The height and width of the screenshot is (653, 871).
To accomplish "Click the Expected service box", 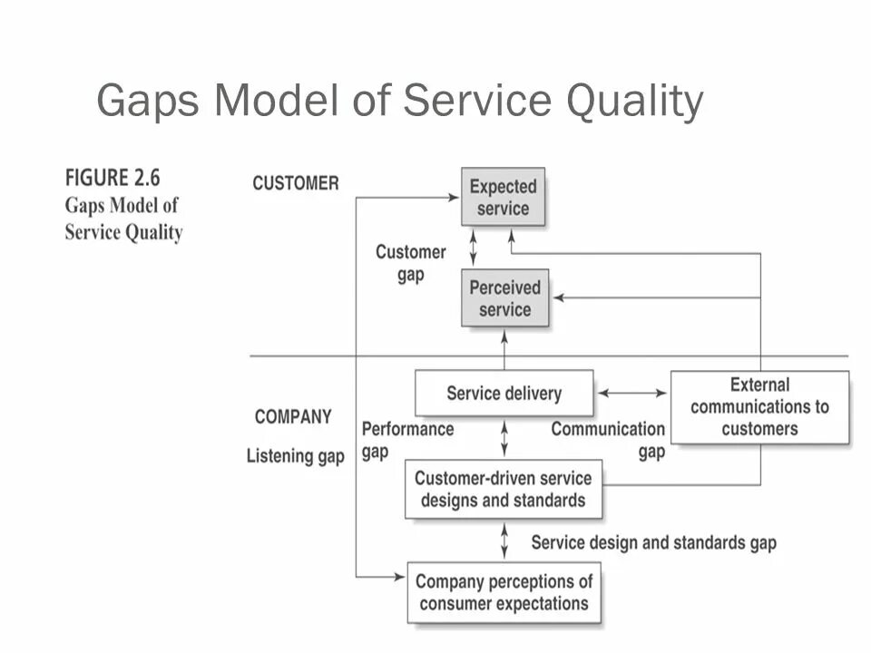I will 503,197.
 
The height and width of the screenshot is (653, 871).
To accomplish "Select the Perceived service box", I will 504,298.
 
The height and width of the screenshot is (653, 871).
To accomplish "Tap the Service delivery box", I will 504,394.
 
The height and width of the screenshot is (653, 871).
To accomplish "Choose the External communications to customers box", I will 759,407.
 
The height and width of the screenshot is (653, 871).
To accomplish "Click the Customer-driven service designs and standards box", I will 503,489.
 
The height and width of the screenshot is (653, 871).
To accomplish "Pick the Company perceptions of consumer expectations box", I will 504,592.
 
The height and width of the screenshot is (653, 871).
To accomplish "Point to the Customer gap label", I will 411,263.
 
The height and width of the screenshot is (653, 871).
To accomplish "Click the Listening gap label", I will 295,456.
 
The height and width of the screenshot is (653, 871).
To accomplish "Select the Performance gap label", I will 407,440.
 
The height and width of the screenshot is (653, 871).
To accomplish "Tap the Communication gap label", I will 608,440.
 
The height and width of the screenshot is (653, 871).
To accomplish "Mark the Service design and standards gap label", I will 653,542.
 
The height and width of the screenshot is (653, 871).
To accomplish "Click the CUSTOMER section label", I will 295,183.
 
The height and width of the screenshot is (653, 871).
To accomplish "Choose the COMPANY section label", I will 293,417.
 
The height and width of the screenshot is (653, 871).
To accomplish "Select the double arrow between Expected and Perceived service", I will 473,248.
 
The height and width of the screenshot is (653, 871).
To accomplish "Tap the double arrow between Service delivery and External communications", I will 632,394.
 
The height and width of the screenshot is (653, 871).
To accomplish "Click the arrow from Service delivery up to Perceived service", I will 504,348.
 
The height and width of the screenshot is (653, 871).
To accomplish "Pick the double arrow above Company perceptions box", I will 504,541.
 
